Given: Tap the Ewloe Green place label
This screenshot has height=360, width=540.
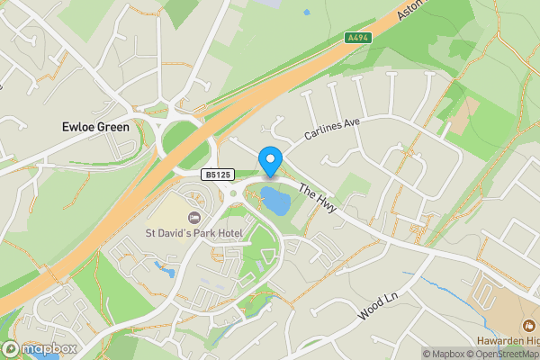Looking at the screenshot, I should pyautogui.click(x=95, y=127).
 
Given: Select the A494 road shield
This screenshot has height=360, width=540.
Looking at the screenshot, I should pyautogui.click(x=359, y=38).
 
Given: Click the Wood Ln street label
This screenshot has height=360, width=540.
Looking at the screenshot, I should pyautogui.click(x=378, y=306).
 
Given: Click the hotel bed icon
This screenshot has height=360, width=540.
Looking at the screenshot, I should pyautogui.click(x=193, y=218).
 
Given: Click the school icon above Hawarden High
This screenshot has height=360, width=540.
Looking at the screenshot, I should pyautogui.click(x=526, y=324).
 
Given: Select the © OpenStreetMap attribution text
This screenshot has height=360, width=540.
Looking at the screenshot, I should pyautogui.click(x=508, y=354).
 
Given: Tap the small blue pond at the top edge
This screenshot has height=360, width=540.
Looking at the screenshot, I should pyautogui.click(x=306, y=13).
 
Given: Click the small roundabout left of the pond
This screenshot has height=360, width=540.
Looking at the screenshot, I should pyautogui.click(x=233, y=192).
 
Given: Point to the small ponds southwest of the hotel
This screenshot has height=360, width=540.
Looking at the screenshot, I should pyautogui.click(x=165, y=267).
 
